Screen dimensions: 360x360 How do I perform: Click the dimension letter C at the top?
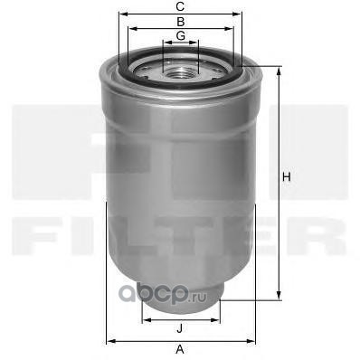click(x=180, y=7)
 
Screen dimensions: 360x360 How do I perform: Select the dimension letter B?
click(x=180, y=21)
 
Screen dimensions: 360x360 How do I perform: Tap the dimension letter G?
click(x=180, y=35)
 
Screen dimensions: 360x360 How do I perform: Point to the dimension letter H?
click(x=286, y=177)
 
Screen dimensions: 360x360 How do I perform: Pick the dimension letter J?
click(x=180, y=328)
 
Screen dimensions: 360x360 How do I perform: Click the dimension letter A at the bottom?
click(x=180, y=349)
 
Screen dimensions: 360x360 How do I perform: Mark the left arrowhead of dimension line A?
click(x=109, y=340)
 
